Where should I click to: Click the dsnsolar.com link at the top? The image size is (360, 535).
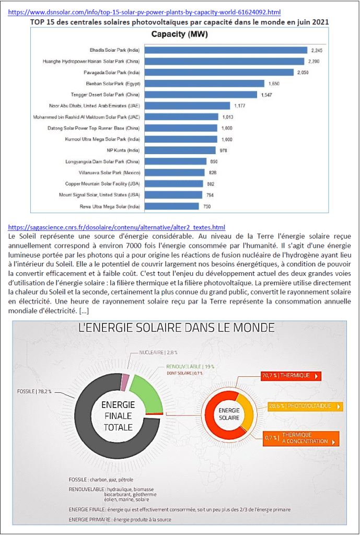pyautogui.click(x=145, y=11)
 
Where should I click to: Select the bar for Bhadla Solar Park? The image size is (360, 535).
pyautogui.click(x=225, y=50)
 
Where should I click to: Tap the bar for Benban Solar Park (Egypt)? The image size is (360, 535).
pyautogui.click(x=204, y=84)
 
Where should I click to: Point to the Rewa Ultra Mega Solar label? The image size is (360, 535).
pyautogui.click(x=114, y=206)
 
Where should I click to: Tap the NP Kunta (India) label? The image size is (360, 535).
pyautogui.click(x=124, y=150)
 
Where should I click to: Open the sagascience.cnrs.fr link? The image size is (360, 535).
pyautogui.click(x=117, y=227)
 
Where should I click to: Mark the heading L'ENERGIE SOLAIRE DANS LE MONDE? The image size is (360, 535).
pyautogui.click(x=176, y=328)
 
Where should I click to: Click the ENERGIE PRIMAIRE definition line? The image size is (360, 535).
pyautogui.click(x=120, y=519)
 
